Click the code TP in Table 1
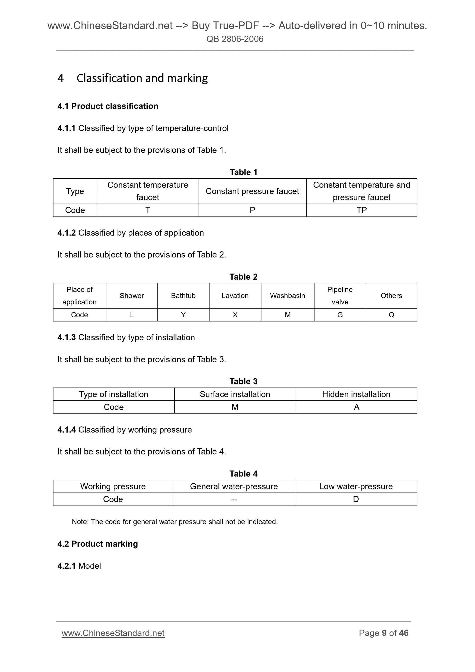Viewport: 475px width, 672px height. pos(361,210)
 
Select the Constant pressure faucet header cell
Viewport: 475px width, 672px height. pos(252,191)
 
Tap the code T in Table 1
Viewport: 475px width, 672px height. pos(148,210)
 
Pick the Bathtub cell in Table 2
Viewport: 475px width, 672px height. pos(183,296)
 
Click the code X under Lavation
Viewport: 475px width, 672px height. pos(235,315)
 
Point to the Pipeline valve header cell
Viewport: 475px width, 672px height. pos(340,296)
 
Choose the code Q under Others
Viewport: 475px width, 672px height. pos(391,315)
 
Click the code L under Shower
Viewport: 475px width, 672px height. pos(132,315)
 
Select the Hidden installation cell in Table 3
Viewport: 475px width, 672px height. pos(356,394)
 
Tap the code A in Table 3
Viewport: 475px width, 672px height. pos(356,407)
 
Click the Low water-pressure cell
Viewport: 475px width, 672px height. pos(356,486)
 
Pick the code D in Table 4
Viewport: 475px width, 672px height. pos(356,499)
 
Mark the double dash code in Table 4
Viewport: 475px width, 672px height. pos(234,500)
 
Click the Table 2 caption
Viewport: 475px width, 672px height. pos(244,277)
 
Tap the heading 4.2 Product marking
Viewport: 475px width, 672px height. pos(97,544)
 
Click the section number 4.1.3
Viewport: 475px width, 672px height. pos(66,337)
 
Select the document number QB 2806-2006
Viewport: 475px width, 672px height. pos(235,39)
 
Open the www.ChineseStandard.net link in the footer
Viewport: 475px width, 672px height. pos(113,633)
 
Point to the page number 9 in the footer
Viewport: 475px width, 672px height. pos(384,633)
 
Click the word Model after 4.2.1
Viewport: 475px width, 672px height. pos(90,566)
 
